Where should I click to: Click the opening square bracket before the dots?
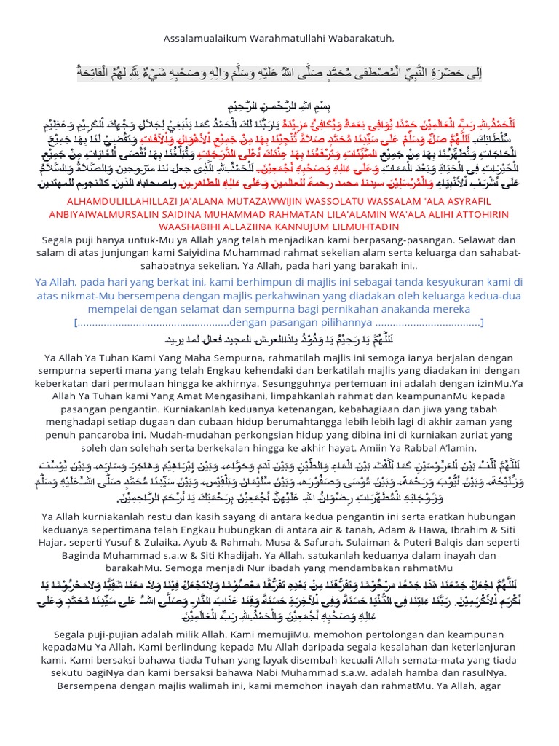(75, 323)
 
